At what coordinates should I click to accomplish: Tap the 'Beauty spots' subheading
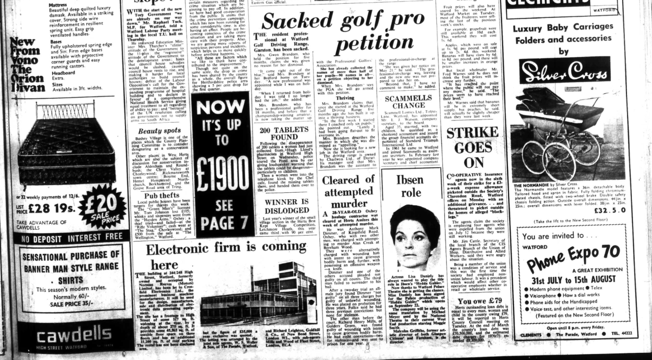pyautogui.click(x=159, y=130)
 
